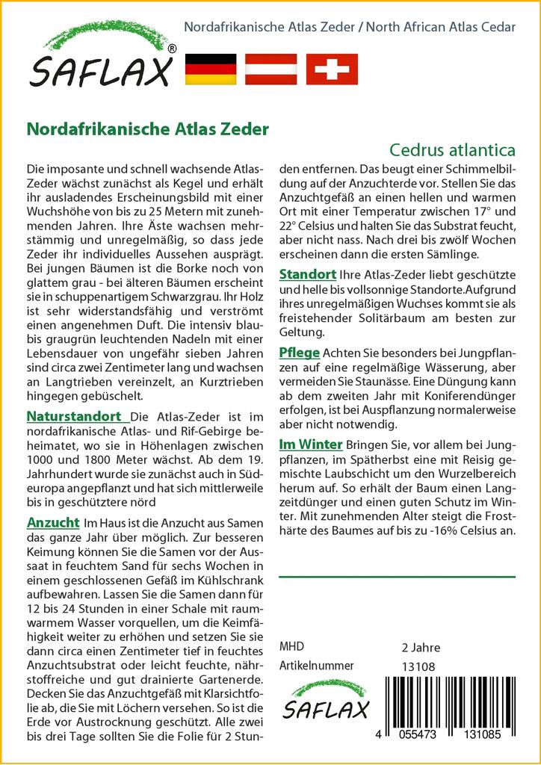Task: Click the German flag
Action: point(209,69)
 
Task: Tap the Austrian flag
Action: point(272,69)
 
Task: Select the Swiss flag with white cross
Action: point(332,69)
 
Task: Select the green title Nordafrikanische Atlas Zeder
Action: point(147,128)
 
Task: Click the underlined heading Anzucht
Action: point(52,521)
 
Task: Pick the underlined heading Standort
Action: point(306,273)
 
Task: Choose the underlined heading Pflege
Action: point(299,352)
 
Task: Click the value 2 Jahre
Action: point(421,648)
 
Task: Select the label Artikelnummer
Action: point(316,666)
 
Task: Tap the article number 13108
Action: point(418,666)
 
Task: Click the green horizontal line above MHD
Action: point(397,577)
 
